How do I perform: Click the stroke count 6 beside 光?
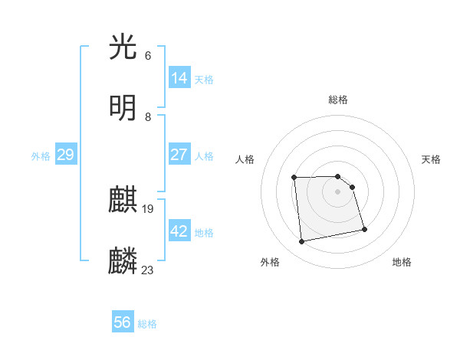pyautogui.click(x=148, y=56)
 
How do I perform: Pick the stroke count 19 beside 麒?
pyautogui.click(x=148, y=209)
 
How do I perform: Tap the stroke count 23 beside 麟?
pyautogui.click(x=148, y=270)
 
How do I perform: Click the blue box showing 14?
pyautogui.click(x=179, y=77)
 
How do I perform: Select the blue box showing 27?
pyautogui.click(x=179, y=154)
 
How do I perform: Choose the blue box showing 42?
pyautogui.click(x=179, y=231)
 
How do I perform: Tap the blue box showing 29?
pyautogui.click(x=65, y=155)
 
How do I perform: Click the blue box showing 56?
pyautogui.click(x=123, y=322)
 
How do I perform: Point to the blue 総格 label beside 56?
pyautogui.click(x=147, y=324)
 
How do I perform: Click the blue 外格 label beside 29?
pyautogui.click(x=41, y=156)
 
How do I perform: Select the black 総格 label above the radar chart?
pyautogui.click(x=338, y=100)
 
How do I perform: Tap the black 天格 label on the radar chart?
pyautogui.click(x=431, y=159)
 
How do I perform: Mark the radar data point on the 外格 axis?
pyautogui.click(x=302, y=242)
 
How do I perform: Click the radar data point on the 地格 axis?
pyautogui.click(x=364, y=229)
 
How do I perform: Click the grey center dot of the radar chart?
pyautogui.click(x=338, y=191)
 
